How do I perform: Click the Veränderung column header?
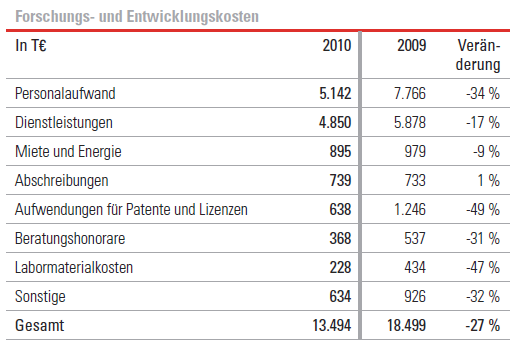point(477,56)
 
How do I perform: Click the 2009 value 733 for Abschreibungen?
point(414,181)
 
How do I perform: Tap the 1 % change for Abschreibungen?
point(487,181)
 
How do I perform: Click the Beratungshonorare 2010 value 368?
point(341,239)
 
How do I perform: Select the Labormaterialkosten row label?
point(74,268)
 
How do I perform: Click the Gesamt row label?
point(38,327)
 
